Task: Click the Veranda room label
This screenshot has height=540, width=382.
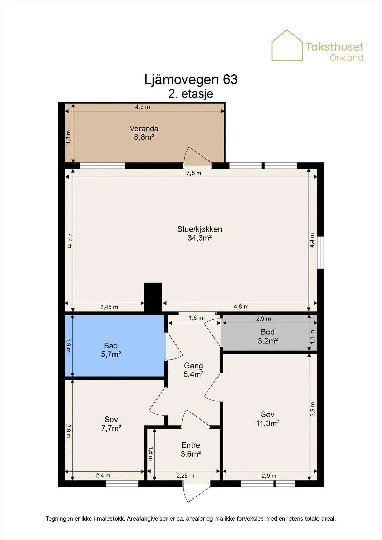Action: point(144,129)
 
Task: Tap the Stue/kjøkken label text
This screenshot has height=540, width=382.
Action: point(200,229)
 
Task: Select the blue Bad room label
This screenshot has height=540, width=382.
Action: point(111,346)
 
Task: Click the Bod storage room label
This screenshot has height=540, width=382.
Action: point(268,332)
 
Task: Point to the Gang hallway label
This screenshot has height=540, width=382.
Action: point(193,366)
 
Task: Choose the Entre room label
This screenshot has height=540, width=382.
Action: point(190,445)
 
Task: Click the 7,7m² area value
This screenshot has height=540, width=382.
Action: point(111,428)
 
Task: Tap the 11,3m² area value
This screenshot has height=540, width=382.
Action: point(268,423)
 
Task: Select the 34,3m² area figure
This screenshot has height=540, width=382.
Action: point(200,238)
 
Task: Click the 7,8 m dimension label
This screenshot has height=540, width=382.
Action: point(194,173)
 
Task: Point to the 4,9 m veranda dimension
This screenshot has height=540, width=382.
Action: point(143,107)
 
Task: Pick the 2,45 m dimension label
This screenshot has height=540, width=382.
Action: point(109,307)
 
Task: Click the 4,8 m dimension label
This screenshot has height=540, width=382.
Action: point(241,307)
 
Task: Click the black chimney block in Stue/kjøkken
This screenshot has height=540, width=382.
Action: point(153,297)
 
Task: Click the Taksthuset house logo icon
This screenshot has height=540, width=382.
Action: point(287,45)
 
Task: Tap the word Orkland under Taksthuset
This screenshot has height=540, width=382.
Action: point(346,58)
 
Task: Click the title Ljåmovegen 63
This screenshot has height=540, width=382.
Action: point(191,79)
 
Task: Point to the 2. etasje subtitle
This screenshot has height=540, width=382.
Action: point(190,94)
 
